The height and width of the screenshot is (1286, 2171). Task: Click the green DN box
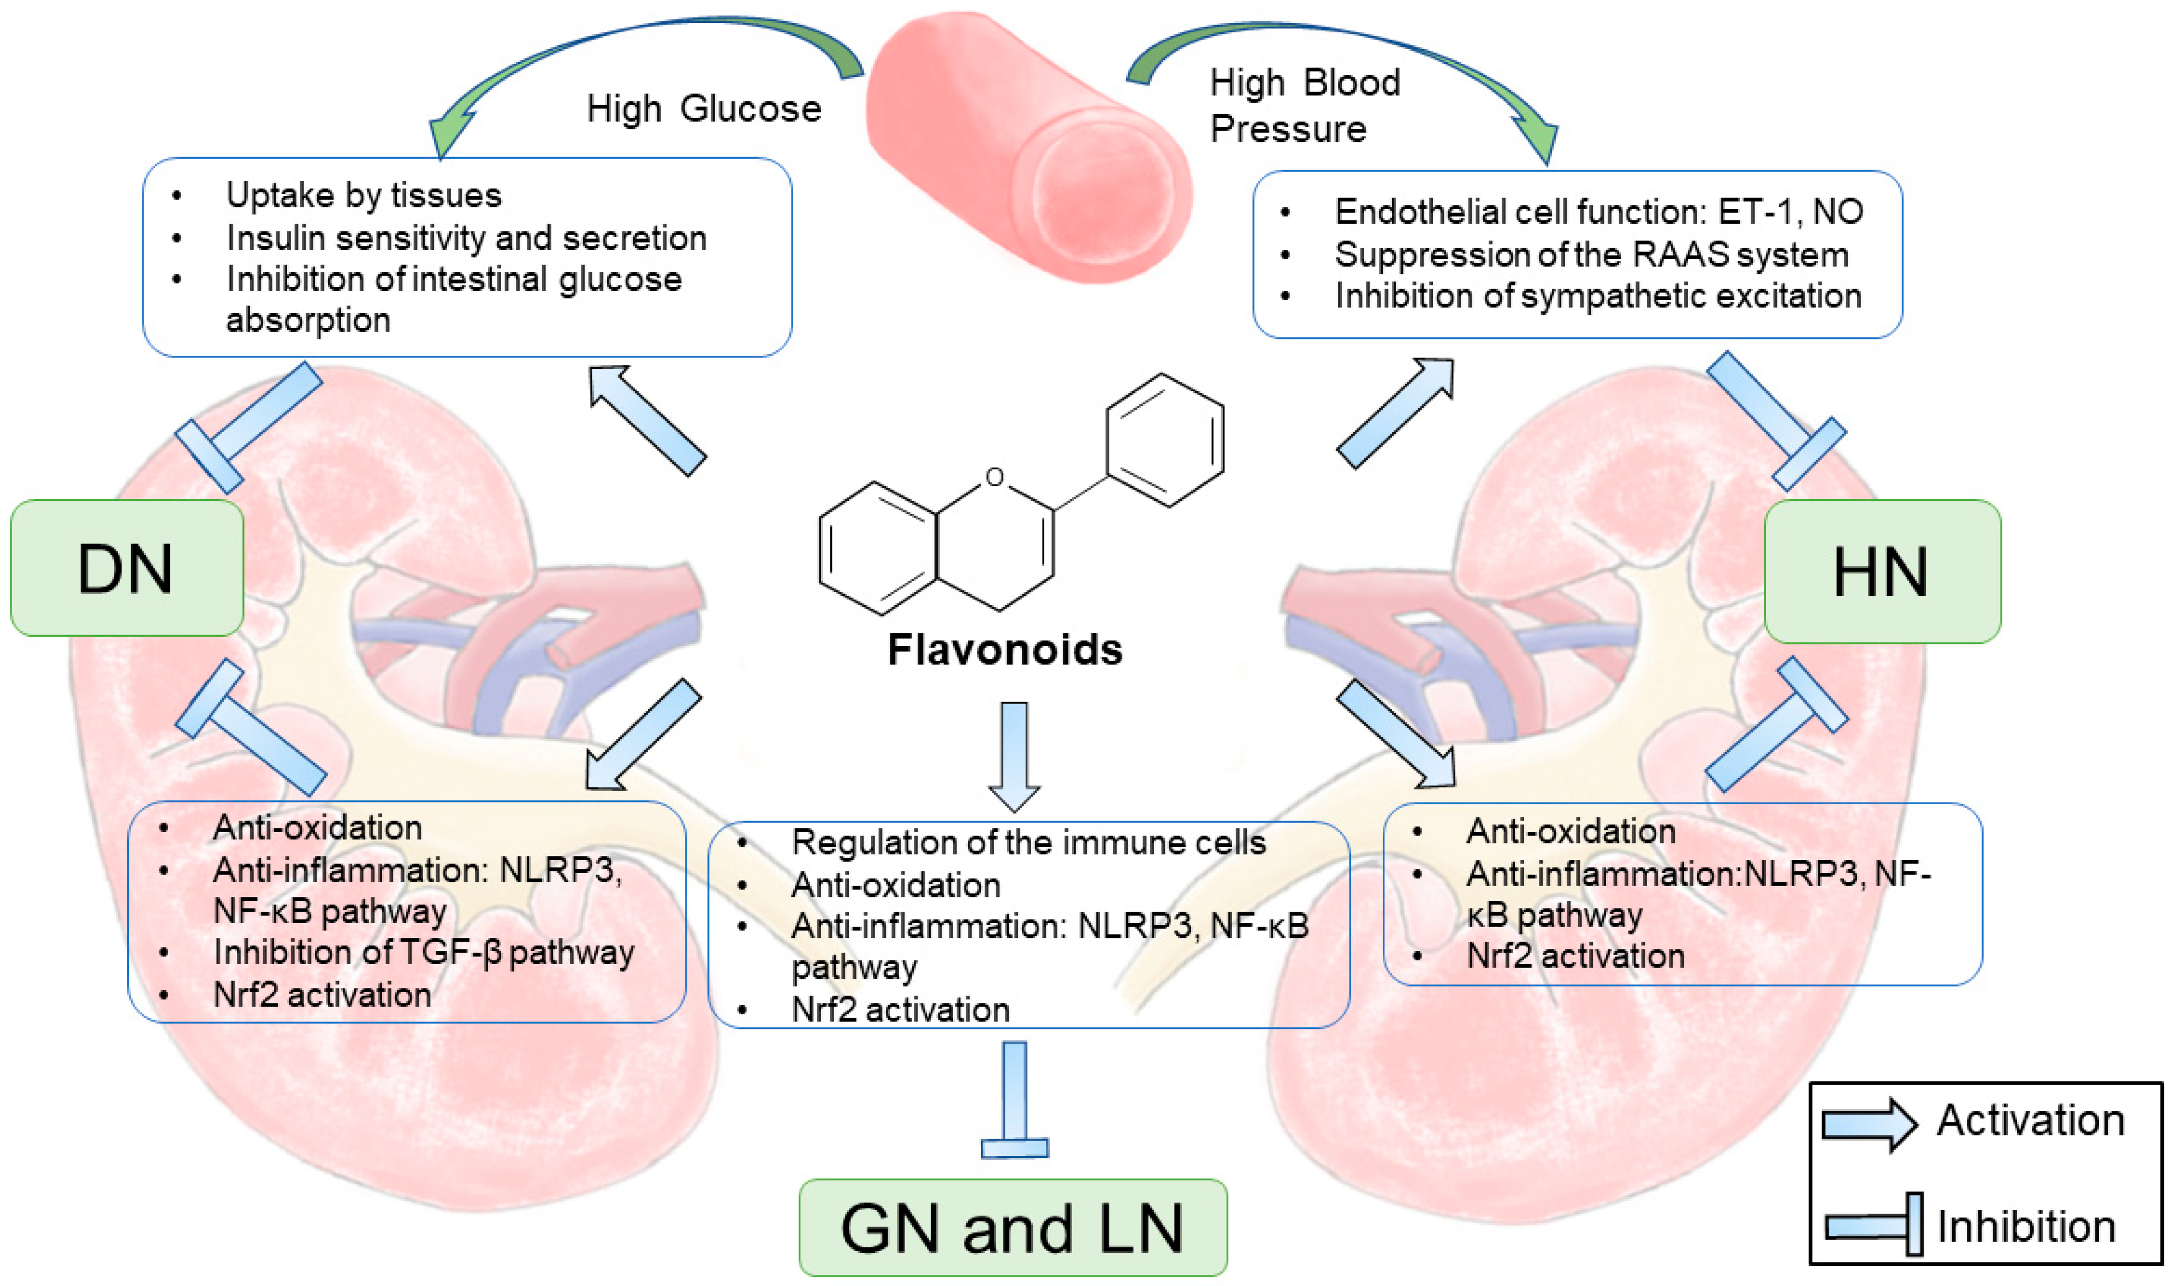click(127, 569)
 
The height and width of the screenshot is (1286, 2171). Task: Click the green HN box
click(1882, 571)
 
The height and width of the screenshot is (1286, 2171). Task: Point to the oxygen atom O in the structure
click(995, 477)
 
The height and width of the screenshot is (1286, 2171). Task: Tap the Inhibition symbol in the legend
click(1873, 1224)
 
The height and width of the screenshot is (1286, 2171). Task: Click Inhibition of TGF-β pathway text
click(423, 953)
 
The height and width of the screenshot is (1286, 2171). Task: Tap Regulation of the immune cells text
click(1028, 842)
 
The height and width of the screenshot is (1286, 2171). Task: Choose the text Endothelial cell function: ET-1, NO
click(1598, 212)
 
